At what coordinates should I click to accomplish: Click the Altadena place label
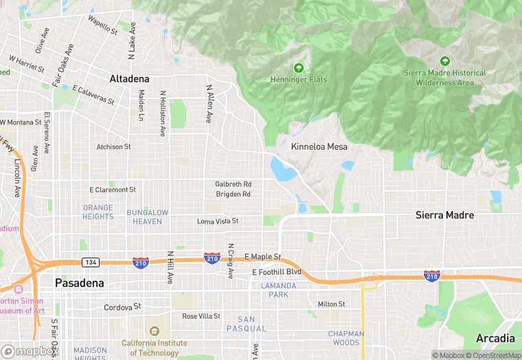129,79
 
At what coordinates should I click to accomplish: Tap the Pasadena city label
80,283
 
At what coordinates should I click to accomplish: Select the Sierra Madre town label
444,215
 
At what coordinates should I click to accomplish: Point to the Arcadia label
495,339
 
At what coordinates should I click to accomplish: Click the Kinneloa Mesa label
319,147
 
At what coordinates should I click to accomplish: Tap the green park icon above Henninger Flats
298,68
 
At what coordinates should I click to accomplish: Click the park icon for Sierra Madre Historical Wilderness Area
444,61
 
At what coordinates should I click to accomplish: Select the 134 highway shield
90,262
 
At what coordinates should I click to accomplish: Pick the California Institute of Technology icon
154,330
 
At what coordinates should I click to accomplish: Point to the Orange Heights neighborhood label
98,212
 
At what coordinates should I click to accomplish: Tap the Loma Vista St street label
217,221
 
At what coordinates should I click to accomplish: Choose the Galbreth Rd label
233,184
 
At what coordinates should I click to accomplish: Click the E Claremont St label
113,190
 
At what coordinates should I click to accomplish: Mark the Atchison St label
113,147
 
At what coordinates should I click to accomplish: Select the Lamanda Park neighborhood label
278,290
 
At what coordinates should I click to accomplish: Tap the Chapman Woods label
346,338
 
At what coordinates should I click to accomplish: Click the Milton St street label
331,304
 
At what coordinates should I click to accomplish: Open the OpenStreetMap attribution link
496,355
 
